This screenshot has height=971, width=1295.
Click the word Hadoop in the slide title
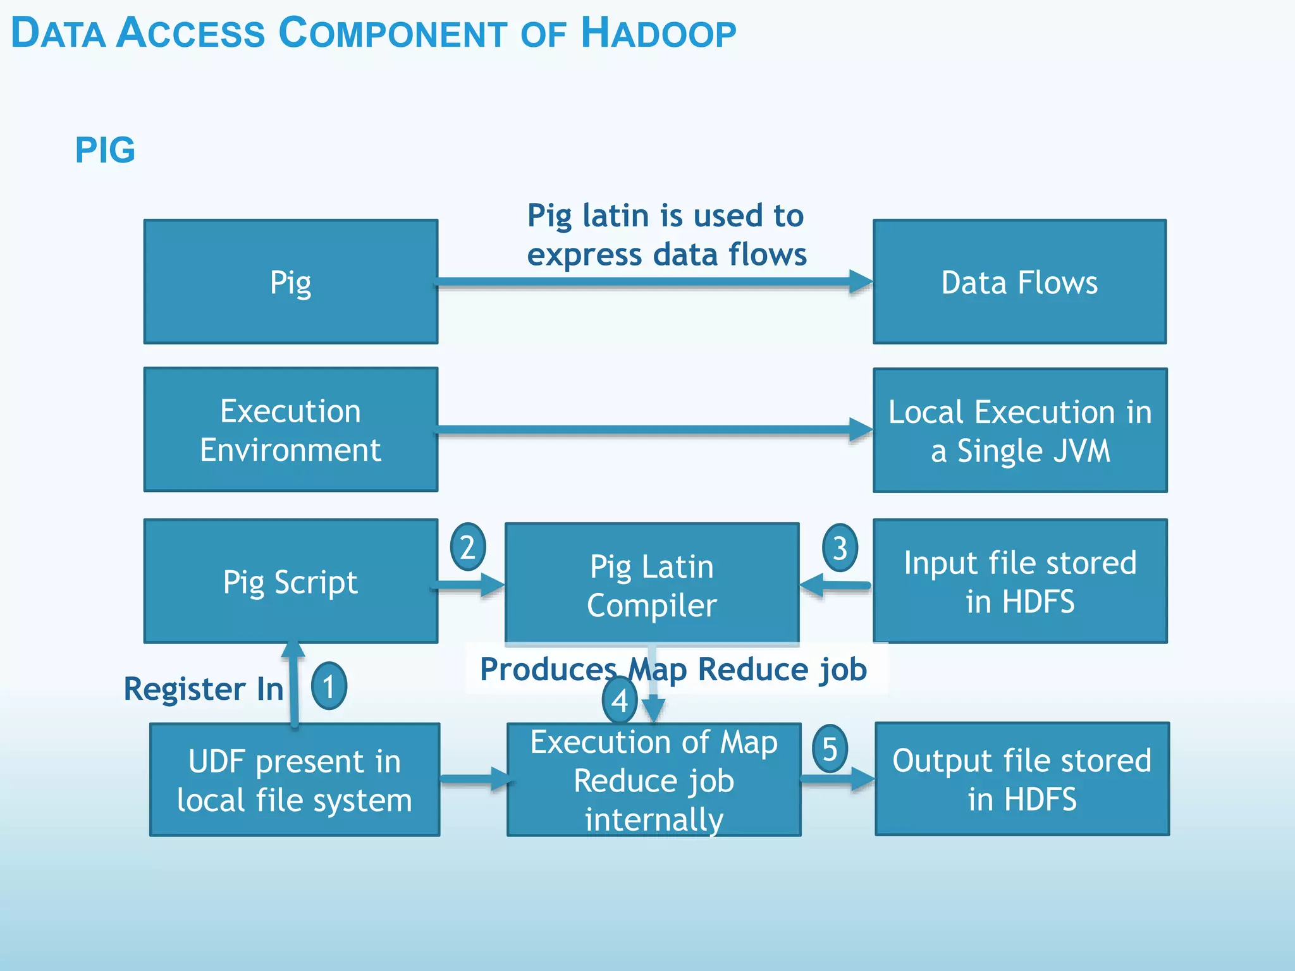click(658, 33)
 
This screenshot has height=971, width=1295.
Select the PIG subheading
click(105, 150)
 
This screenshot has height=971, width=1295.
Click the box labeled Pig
click(290, 282)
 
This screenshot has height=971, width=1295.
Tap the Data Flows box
click(1019, 282)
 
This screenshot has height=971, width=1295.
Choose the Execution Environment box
click(290, 430)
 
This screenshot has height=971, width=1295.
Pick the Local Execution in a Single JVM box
click(1019, 431)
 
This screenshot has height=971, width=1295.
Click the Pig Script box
click(290, 582)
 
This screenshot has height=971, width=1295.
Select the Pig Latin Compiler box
click(651, 585)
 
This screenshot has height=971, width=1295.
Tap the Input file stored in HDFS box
click(1019, 582)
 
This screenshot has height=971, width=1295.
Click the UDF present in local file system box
click(294, 780)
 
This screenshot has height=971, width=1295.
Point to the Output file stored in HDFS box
click(1022, 779)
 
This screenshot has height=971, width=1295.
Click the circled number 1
click(329, 686)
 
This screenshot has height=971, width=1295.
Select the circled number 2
click(467, 547)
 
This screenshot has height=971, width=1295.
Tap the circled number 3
click(840, 547)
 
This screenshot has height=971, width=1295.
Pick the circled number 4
click(620, 700)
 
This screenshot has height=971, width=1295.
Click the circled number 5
click(830, 748)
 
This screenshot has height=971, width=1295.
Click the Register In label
click(203, 688)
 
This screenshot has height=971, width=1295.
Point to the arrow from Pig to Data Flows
click(651, 282)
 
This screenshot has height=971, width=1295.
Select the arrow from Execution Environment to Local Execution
click(651, 430)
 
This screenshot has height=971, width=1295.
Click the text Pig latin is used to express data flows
click(666, 235)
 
